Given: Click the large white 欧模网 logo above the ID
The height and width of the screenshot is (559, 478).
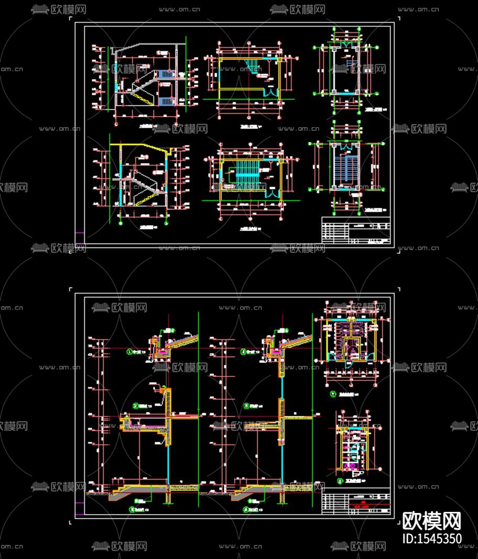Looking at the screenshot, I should point(431,521).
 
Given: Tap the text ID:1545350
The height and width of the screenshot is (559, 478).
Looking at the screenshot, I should point(431,538).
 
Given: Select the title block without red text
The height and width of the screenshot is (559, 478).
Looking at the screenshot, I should point(356,231).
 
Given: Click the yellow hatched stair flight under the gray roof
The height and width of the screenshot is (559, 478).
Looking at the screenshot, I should point(142,97).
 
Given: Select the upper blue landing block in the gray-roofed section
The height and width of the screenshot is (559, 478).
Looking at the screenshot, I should point(165,74).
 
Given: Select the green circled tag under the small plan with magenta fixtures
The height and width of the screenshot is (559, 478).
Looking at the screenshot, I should point(341,479).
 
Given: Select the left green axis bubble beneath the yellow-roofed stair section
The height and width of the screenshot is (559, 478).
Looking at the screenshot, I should point(122,223).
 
